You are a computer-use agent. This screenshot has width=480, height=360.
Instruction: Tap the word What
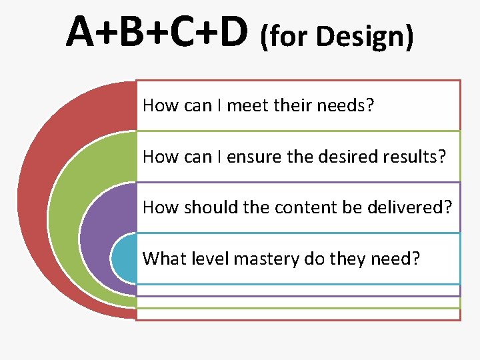[161, 257]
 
